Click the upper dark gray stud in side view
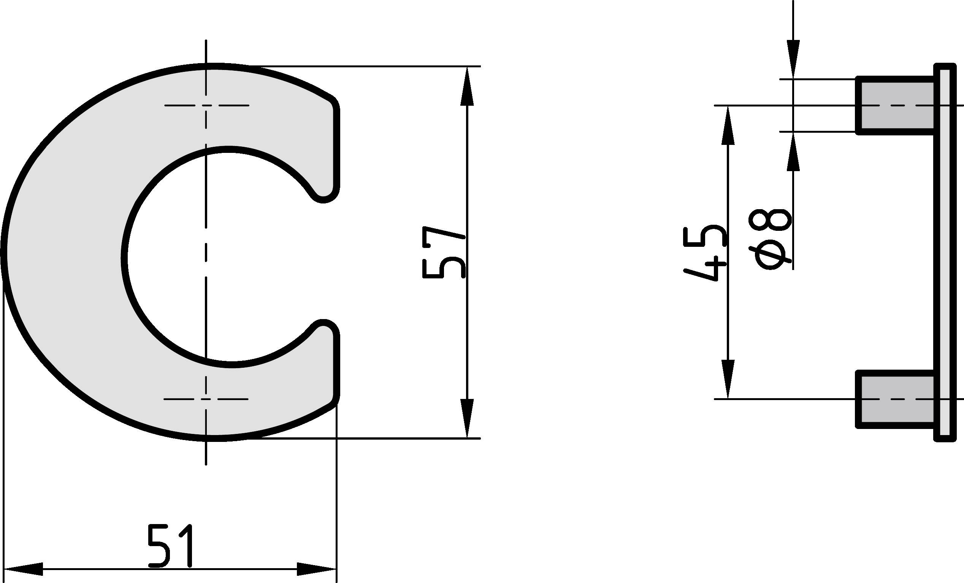895,105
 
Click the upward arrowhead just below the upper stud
793,151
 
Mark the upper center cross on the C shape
206,105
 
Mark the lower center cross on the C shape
206,399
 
